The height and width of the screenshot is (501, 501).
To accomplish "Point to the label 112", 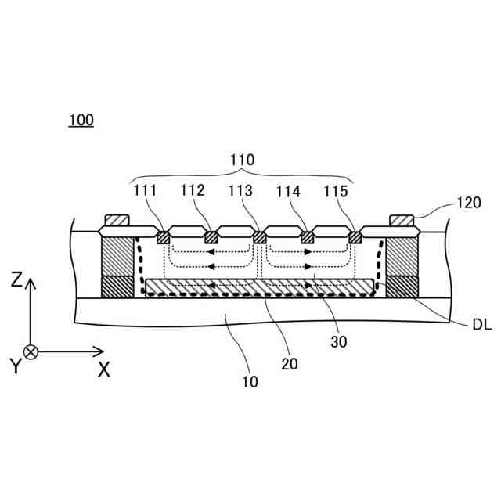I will tap(192, 190).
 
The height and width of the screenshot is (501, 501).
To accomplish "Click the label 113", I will tap(242, 190).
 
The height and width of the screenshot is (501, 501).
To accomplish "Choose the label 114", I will tap(290, 190).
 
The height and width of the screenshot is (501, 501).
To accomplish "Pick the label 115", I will tap(339, 190).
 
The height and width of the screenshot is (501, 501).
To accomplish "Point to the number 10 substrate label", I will tap(250, 382).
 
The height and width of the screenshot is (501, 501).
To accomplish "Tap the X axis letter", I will tap(103, 371).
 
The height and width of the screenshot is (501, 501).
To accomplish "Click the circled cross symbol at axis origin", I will tap(31, 351).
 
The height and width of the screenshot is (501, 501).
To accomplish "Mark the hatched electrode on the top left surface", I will tap(117, 221).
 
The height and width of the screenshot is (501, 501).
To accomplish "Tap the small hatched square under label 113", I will tap(259, 237).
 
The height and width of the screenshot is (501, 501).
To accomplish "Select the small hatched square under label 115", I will tap(356, 236).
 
